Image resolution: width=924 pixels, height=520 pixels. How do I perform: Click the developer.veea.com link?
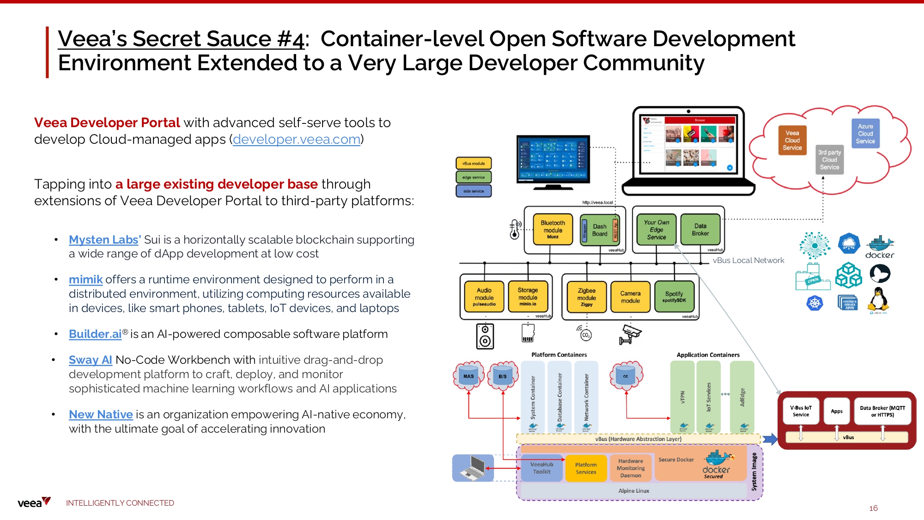[x=296, y=139]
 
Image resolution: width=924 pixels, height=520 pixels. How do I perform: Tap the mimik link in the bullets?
[x=85, y=280]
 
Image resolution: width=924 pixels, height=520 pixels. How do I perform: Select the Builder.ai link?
[x=95, y=334]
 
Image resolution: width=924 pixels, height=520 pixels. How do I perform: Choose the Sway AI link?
[x=91, y=360]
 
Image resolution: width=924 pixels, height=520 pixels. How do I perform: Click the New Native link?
[x=101, y=415]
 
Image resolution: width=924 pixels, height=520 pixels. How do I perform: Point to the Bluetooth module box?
[x=553, y=229]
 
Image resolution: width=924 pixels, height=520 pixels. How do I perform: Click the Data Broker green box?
[x=700, y=229]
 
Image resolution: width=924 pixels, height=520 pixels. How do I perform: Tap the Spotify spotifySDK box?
[x=674, y=297]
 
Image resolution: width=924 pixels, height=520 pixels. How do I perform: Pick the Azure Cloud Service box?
[x=865, y=134]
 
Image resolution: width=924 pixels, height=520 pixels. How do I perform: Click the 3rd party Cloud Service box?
[x=829, y=160]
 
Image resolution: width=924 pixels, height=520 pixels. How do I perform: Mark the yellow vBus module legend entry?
[x=474, y=163]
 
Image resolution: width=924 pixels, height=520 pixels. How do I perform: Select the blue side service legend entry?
[x=474, y=191]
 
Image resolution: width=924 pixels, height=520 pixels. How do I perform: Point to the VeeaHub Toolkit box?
[x=541, y=468]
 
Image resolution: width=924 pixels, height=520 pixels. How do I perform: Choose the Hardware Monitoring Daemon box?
[x=631, y=468]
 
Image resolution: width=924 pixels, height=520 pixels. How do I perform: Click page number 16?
[x=873, y=508]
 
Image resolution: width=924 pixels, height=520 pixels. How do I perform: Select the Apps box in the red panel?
[x=837, y=411]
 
